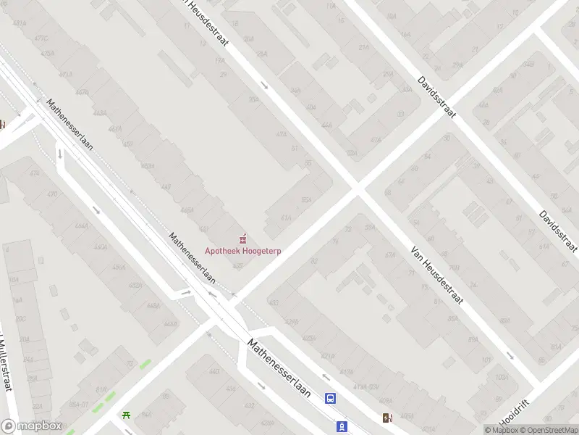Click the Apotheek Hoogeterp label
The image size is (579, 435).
(243, 251)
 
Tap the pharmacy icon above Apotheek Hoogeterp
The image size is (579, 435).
(243, 238)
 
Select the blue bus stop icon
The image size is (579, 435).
(330, 398)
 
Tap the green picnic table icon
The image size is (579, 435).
(127, 415)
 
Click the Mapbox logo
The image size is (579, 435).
(32, 426)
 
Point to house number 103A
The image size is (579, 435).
(500, 378)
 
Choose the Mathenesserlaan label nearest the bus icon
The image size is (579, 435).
(279, 368)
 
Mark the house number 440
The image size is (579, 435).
(214, 372)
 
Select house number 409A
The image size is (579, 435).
(386, 400)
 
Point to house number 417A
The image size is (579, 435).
(347, 372)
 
